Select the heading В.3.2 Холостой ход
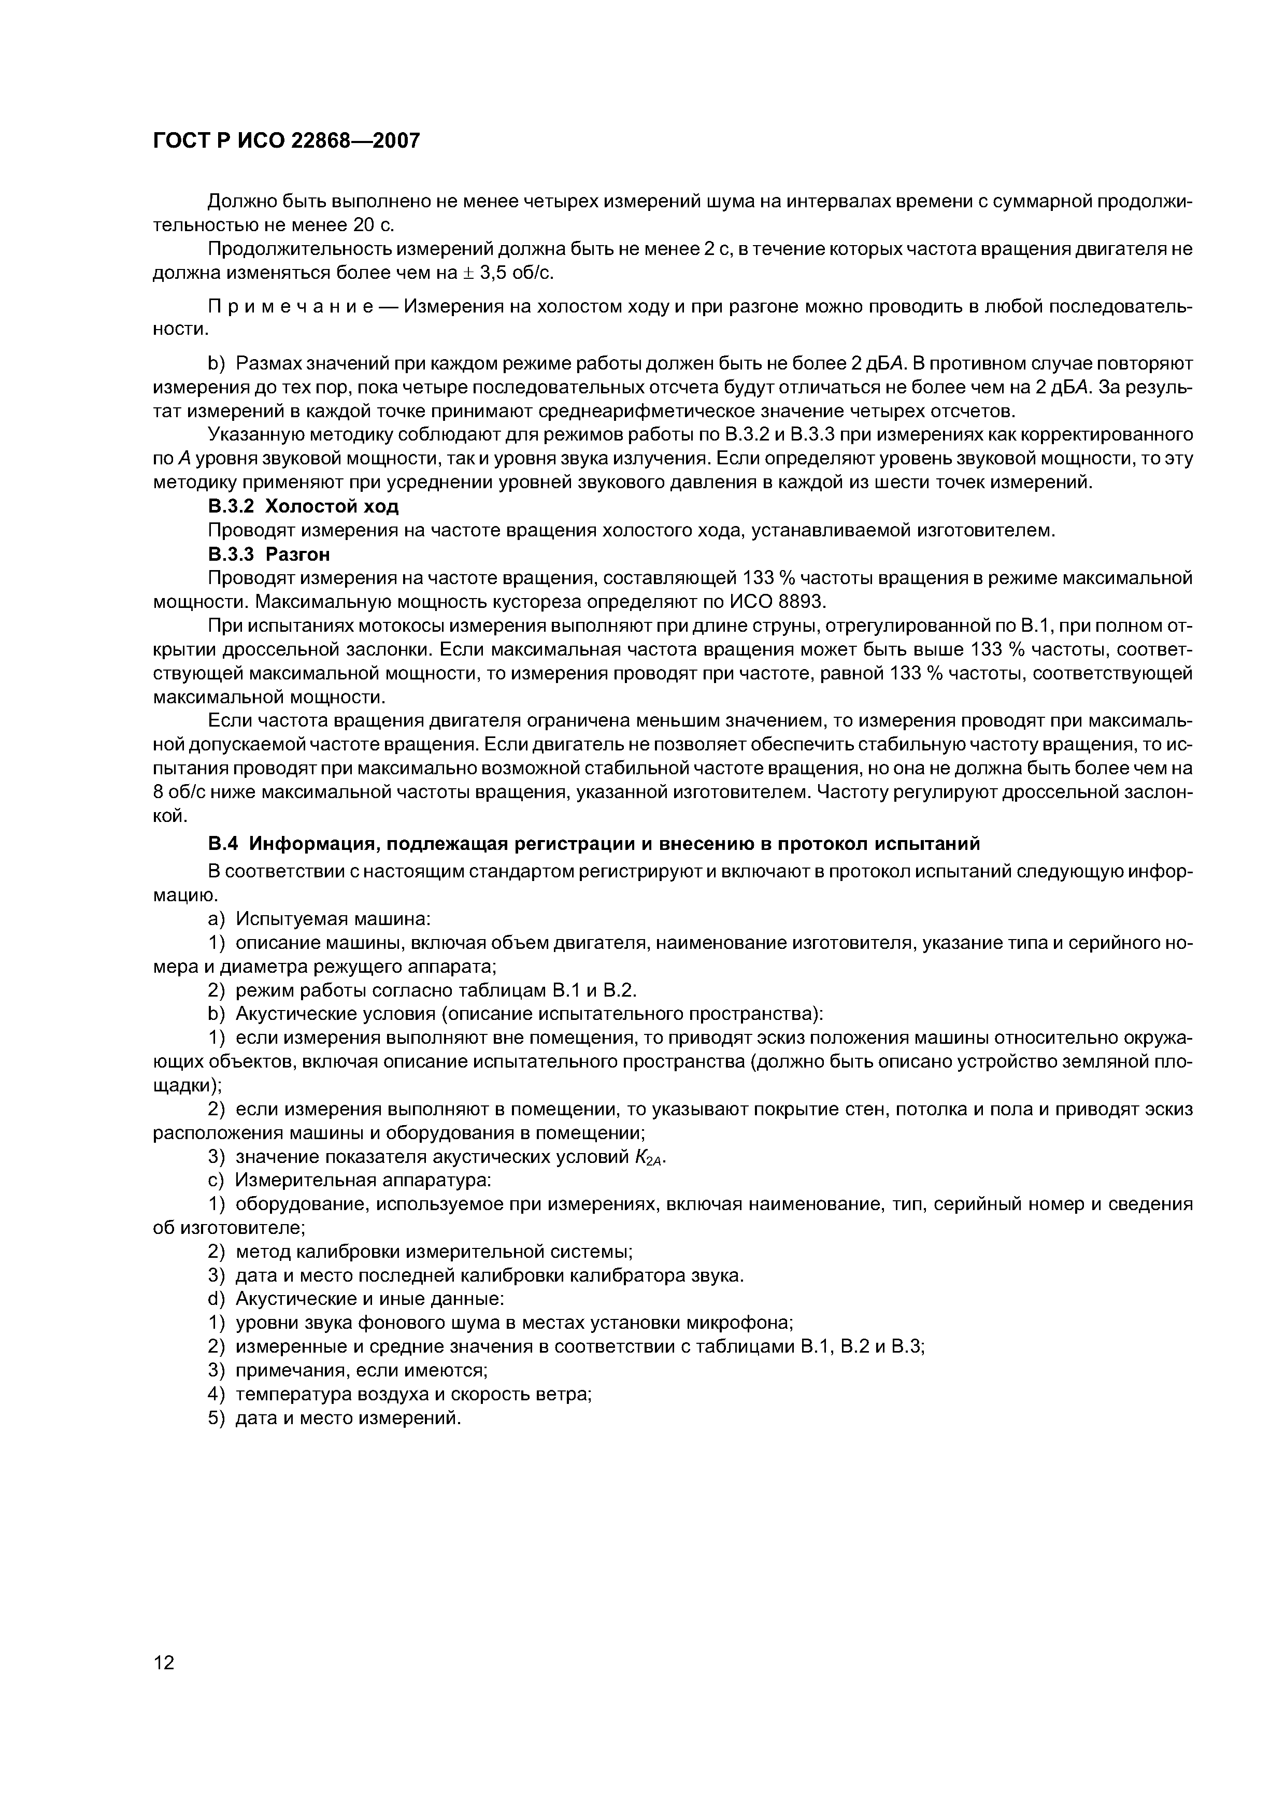(x=303, y=506)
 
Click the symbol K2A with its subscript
(x=649, y=1158)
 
